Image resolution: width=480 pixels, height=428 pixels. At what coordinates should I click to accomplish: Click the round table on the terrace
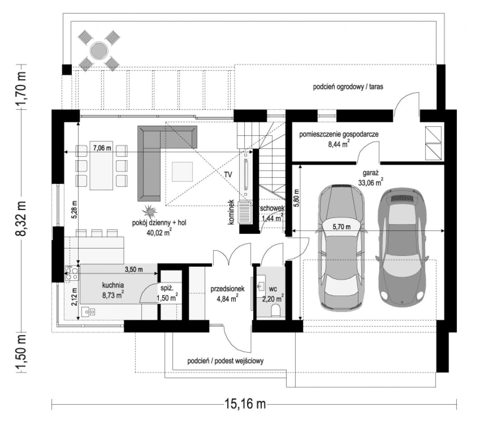[x=99, y=51]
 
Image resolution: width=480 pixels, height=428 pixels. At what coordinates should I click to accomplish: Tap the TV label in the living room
[x=228, y=175]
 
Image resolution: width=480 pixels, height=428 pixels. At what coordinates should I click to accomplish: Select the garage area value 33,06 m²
[x=371, y=182]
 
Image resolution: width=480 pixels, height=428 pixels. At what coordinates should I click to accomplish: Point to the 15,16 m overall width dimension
[x=245, y=403]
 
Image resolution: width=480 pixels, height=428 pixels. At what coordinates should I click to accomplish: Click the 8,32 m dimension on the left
[x=21, y=218]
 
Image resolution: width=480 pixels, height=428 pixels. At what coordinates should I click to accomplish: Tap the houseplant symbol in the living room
[x=150, y=211]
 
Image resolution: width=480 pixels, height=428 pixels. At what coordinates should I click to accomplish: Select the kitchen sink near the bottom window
[x=88, y=311]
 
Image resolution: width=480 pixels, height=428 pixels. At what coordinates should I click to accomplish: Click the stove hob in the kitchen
[x=72, y=273]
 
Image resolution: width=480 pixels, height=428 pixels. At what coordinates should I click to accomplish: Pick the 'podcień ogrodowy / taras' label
[x=348, y=87]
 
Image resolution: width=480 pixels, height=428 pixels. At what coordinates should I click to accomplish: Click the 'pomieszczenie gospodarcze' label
[x=339, y=134]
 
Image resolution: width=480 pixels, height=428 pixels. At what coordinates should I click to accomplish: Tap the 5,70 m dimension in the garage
[x=341, y=227]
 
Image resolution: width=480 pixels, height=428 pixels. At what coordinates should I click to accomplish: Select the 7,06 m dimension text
[x=102, y=148]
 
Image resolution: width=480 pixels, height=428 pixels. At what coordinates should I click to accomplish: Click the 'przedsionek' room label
[x=227, y=289]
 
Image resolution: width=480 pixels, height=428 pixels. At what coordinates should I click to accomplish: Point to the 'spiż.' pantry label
[x=167, y=289]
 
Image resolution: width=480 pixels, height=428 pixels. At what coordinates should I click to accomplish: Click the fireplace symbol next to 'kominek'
[x=245, y=213]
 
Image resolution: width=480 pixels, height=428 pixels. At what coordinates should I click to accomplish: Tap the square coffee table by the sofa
[x=182, y=172]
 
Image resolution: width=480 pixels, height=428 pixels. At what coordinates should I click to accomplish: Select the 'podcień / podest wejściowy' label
[x=225, y=361]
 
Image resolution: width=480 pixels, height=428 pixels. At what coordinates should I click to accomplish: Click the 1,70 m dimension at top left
[x=21, y=87]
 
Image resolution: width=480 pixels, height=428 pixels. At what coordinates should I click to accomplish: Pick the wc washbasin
[x=261, y=286]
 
